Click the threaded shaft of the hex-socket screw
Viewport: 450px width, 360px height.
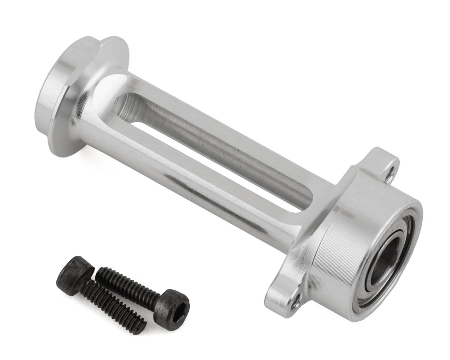(127, 285)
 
